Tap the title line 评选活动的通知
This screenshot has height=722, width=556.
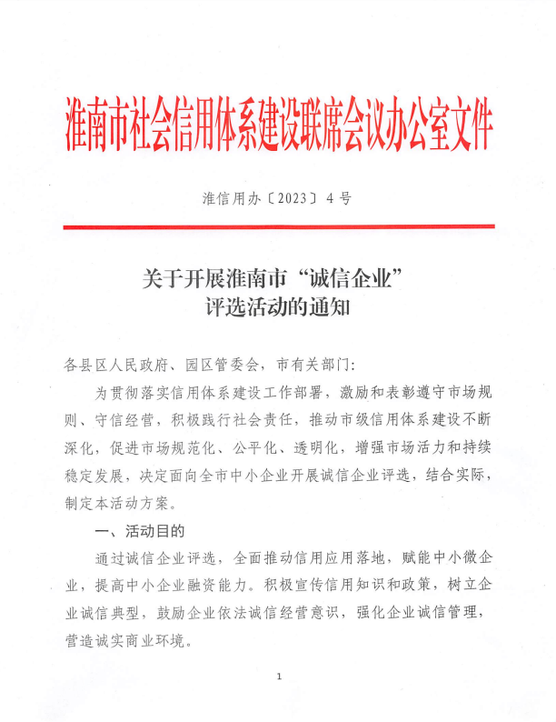[278, 307]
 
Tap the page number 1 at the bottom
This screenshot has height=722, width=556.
[279, 676]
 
